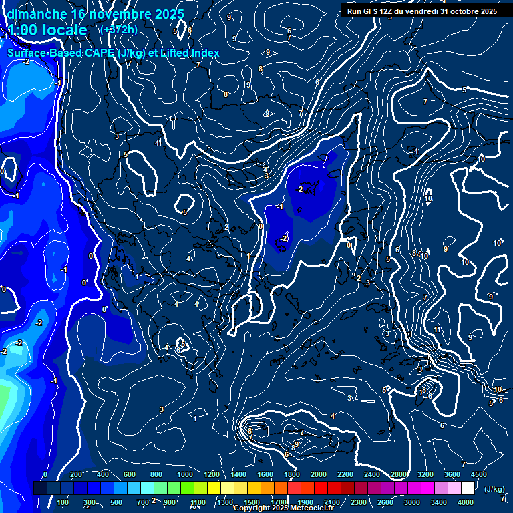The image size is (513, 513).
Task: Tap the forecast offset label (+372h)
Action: [118, 29]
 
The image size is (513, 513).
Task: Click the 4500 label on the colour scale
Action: [479, 474]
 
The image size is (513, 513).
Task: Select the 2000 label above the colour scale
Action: [319, 474]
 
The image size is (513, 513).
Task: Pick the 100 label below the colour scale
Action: [63, 502]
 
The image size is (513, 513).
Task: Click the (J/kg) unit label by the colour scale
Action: [494, 490]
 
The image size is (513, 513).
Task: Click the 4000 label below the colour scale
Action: [466, 502]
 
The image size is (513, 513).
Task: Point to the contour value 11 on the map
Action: [438, 329]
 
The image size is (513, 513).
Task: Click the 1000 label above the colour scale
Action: [185, 474]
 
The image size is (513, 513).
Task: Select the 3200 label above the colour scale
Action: [425, 474]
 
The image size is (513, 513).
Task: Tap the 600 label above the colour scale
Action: [130, 474]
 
